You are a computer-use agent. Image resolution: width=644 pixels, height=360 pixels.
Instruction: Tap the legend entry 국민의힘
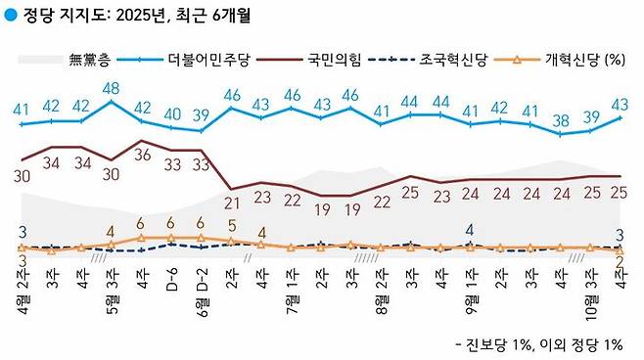click(334, 61)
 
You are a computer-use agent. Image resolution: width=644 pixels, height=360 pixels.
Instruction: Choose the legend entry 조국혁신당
click(454, 61)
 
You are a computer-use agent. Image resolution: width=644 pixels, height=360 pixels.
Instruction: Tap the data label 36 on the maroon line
click(142, 155)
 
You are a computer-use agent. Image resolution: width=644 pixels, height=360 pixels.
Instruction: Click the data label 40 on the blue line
click(172, 113)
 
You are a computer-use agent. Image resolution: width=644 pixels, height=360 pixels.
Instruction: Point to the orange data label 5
click(232, 226)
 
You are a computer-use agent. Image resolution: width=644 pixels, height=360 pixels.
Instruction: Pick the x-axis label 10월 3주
click(590, 286)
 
